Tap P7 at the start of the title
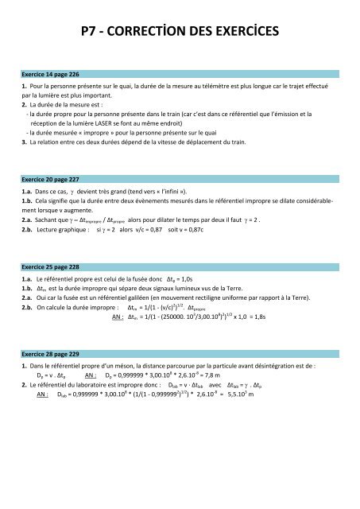pyautogui.click(x=90, y=32)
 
